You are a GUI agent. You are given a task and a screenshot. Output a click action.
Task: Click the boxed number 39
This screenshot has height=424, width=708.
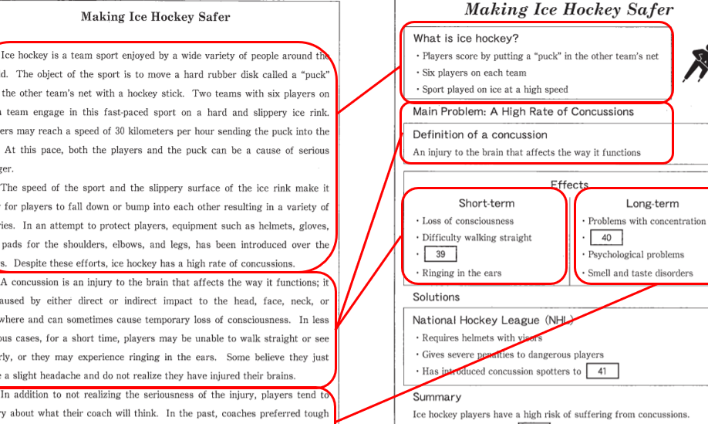point(440,254)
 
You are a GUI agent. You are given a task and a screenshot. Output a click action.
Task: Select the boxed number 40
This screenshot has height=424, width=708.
point(606,238)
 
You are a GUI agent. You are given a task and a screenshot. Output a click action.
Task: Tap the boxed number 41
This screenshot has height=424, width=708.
point(602,371)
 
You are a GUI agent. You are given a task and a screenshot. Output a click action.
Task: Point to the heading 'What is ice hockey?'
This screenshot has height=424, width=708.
point(466,39)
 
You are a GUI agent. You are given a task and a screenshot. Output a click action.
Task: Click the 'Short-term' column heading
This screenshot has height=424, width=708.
point(486,204)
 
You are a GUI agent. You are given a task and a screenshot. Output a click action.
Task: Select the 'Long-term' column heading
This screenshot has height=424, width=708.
point(652,204)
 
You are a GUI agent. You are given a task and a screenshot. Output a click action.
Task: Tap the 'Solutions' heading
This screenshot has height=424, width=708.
point(436,297)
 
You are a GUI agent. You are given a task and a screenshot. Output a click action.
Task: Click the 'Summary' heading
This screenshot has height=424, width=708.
point(437,397)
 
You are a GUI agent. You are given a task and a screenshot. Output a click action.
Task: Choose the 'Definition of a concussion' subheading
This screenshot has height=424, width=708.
point(480,134)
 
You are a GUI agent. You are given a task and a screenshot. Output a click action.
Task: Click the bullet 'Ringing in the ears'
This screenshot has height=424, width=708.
point(462,273)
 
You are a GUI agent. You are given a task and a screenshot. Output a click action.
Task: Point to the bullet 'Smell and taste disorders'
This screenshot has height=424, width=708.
point(639,273)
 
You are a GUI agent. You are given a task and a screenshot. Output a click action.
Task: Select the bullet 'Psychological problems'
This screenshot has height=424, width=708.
point(636,255)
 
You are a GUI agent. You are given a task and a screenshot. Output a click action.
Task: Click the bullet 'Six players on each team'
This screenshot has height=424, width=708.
point(474,73)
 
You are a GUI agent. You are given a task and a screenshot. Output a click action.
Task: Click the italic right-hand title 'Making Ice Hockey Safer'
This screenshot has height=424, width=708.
point(568,10)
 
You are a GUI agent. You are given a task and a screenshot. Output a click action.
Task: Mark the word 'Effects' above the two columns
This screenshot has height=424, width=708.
point(569,185)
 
